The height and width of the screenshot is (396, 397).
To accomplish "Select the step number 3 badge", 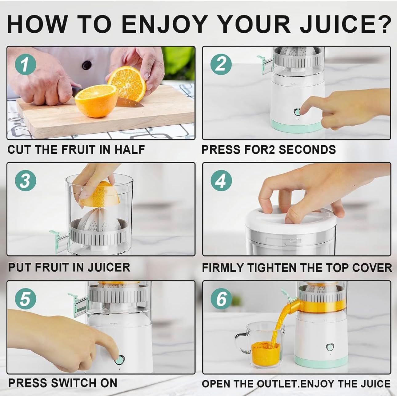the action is (x=26, y=181).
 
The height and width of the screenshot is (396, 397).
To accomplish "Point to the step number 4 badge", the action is (x=221, y=181).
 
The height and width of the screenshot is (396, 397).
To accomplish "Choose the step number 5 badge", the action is (x=26, y=299).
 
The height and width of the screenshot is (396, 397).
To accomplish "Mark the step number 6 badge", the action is (x=221, y=299).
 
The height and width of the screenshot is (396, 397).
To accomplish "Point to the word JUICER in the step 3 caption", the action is (x=109, y=267).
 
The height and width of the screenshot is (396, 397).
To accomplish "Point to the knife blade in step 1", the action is (x=130, y=102).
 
